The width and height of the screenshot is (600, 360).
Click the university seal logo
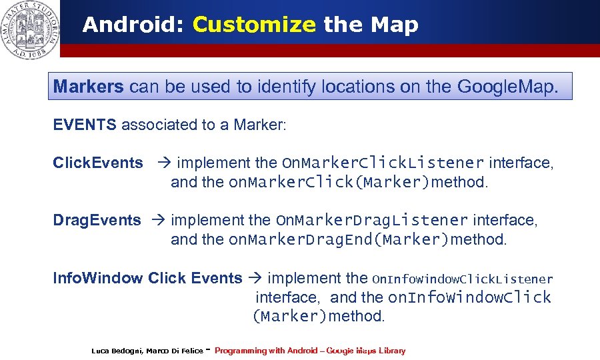pos(29,29)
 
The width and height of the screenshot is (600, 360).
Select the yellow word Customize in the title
pos(253,25)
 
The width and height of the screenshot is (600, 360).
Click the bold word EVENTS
pos(85,125)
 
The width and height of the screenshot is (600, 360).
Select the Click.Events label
pos(98,163)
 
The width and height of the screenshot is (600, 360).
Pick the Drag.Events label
pos(97,220)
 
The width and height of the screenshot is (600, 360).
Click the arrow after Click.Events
pos(164,163)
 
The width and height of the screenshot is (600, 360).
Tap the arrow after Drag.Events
pos(159,220)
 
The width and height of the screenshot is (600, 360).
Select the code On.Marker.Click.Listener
pos(383,163)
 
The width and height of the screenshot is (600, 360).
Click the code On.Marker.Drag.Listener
pos(372,220)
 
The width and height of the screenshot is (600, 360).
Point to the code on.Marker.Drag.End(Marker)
pos(339,239)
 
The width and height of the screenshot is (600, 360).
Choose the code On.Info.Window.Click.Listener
pos(462,279)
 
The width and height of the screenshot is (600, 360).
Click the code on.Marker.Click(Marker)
pos(329,182)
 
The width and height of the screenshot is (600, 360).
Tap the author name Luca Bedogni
pos(117,351)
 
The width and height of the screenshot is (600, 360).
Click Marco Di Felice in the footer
pos(175,351)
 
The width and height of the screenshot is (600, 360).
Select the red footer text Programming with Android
pos(266,351)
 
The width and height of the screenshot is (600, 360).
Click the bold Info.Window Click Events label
pos(148,278)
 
